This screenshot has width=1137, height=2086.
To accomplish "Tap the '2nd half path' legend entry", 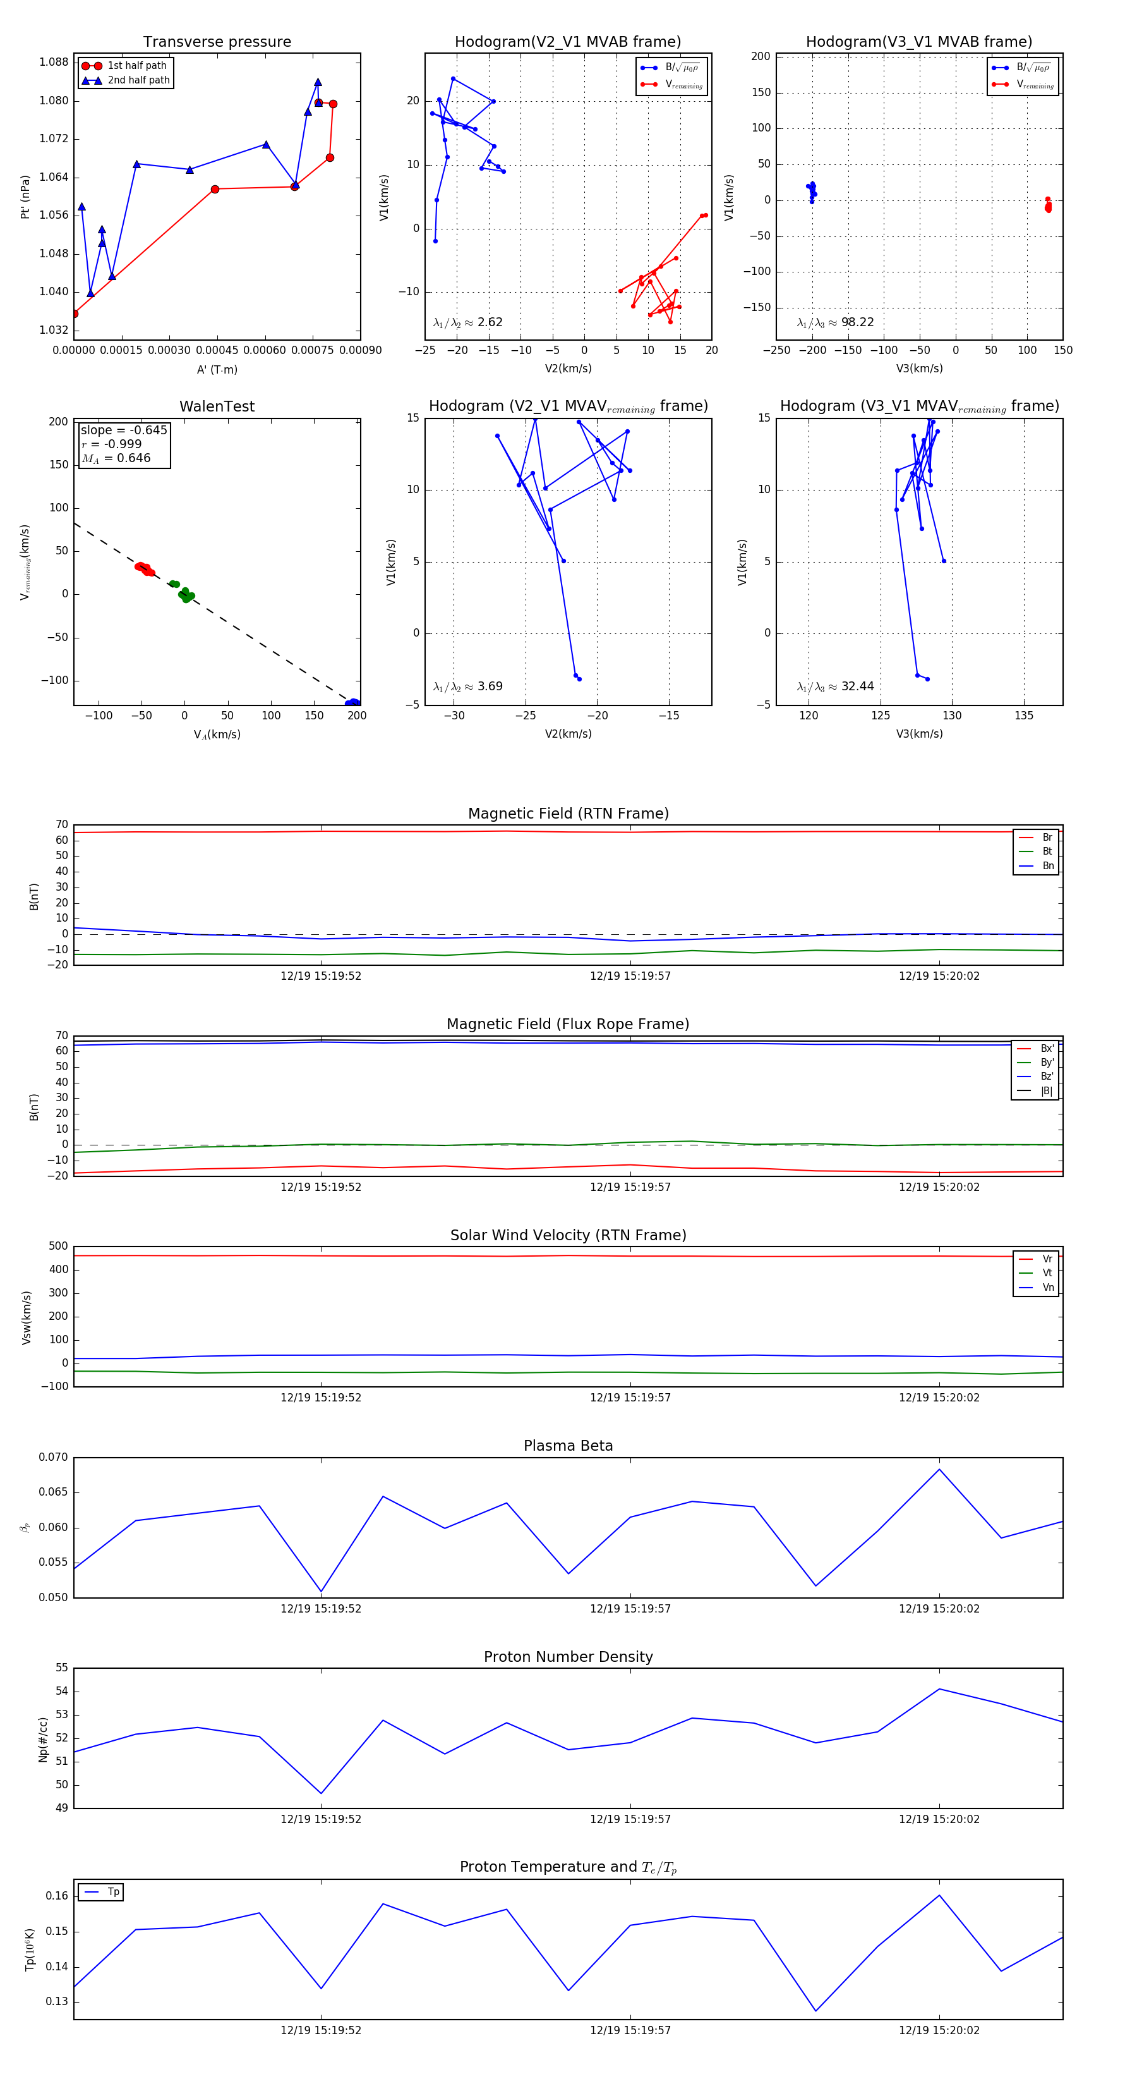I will [138, 80].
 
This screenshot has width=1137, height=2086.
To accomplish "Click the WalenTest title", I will [217, 406].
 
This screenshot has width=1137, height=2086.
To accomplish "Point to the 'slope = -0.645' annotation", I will [124, 430].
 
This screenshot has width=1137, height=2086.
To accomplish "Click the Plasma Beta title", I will [568, 1446].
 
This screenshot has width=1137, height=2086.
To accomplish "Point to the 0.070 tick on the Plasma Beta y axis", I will [54, 1458].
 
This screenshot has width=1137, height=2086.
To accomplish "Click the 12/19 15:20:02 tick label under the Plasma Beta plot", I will [939, 1609].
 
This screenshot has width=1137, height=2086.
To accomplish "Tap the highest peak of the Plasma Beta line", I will [939, 1470].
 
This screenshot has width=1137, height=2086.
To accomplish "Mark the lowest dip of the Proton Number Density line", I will [322, 1794].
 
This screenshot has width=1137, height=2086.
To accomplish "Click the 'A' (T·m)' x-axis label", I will [217, 370].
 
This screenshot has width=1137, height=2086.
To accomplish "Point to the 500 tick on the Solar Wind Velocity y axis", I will [58, 1247].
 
